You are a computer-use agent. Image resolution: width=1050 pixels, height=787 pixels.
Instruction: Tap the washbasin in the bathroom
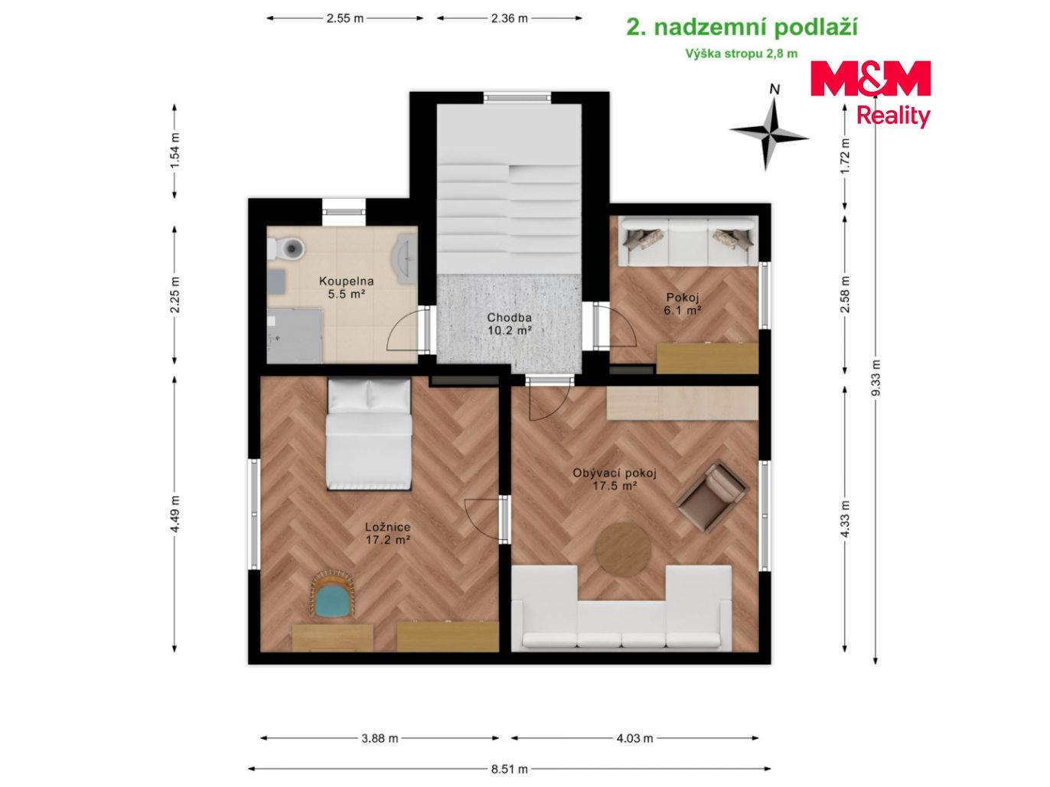pos(406,259)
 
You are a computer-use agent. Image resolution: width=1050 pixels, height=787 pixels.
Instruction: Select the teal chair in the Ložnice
pos(332,595)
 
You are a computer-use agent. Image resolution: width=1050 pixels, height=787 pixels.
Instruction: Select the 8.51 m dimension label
pos(509,769)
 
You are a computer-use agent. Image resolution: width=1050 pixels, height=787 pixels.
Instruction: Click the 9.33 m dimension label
pos(876,378)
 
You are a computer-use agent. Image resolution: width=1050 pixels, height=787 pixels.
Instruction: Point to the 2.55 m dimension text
pos(345,18)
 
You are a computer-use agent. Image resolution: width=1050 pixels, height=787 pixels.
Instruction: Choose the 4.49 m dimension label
pos(175,514)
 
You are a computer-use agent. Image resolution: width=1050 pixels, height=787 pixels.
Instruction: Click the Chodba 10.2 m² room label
pos(510,324)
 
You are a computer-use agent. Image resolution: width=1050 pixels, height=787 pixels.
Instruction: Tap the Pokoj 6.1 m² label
pos(683,304)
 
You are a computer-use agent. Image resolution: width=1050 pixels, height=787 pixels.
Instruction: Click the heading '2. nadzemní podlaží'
pos(742,28)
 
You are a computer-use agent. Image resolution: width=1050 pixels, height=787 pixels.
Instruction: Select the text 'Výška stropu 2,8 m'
pos(742,54)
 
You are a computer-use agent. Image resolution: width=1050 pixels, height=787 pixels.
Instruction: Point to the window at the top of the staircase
pos(517,97)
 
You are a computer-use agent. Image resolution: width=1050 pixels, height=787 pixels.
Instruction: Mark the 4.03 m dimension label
pos(634,738)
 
